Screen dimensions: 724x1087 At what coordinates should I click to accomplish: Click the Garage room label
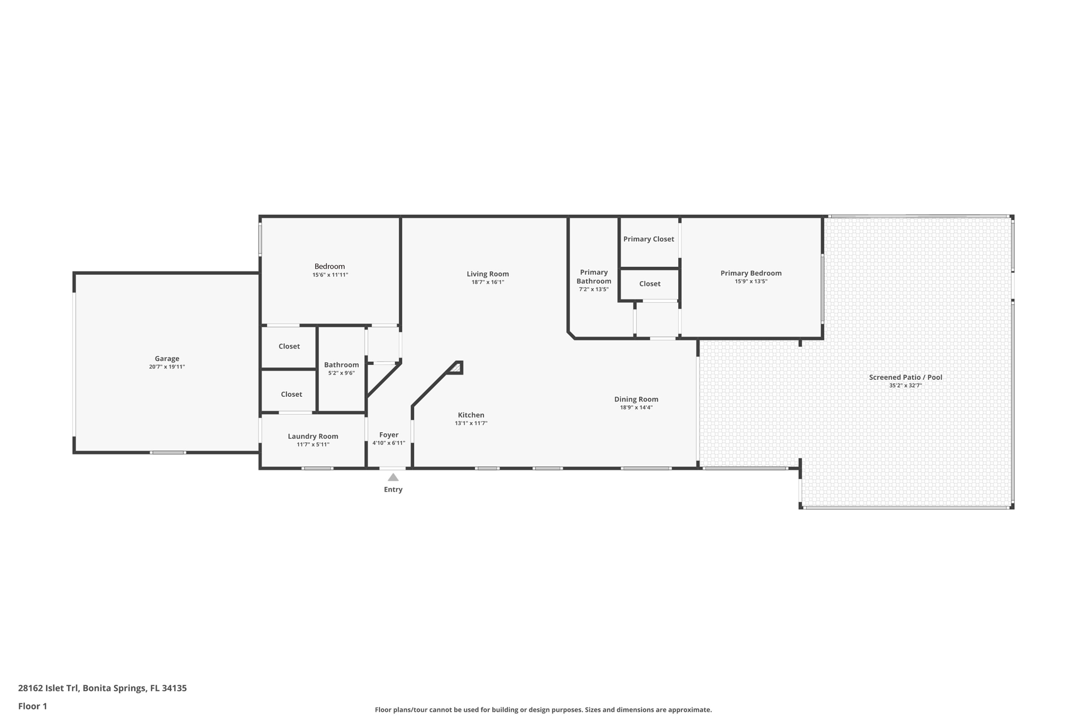[167, 359]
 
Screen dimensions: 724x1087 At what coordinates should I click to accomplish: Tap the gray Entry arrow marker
[393, 477]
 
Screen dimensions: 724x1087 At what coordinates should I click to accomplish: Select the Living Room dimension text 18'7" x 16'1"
[487, 282]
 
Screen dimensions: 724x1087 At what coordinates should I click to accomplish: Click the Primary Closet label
[648, 239]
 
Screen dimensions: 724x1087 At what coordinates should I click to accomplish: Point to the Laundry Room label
[313, 437]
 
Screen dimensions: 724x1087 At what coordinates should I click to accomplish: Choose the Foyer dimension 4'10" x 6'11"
[389, 443]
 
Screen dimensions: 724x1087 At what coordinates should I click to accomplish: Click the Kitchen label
[471, 415]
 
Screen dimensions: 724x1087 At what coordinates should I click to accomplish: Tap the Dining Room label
[636, 399]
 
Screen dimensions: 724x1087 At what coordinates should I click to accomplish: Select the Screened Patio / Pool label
[905, 378]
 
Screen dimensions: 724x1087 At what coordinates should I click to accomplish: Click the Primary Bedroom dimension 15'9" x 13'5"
[750, 282]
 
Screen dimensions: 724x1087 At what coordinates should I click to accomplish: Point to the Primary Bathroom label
[593, 277]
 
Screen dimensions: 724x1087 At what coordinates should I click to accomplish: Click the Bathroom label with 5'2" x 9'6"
[341, 365]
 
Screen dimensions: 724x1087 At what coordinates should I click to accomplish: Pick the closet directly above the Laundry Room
[291, 394]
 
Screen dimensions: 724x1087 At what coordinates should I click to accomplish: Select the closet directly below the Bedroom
[289, 346]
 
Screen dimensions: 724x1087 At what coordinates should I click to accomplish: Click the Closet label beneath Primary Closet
[649, 284]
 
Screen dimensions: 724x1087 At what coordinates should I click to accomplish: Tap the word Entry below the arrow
[393, 490]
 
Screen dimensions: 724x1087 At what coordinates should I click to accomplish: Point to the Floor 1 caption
[32, 706]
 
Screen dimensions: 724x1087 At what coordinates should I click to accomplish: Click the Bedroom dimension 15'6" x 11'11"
[330, 275]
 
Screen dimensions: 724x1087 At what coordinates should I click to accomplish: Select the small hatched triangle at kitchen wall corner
[456, 367]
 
